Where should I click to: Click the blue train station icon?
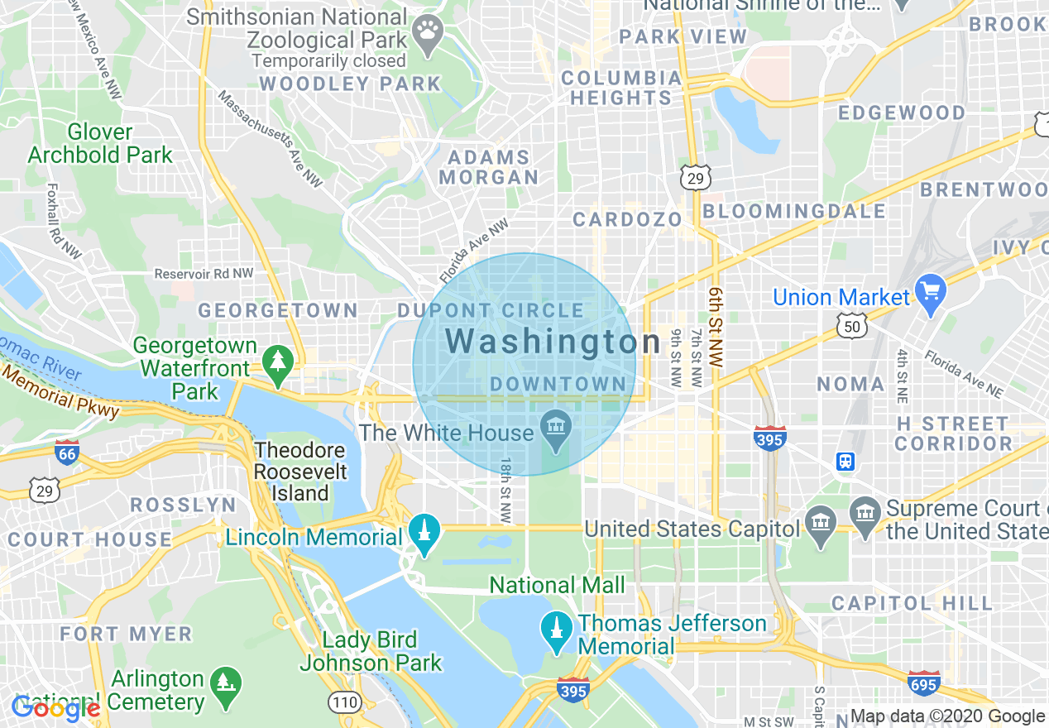point(845,462)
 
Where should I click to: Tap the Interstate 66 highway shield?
point(67,453)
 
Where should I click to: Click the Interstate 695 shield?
point(923,683)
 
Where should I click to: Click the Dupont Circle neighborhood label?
point(491,311)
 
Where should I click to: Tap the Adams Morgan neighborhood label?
point(488,167)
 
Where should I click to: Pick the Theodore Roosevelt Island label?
point(299,472)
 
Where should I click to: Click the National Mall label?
point(557,586)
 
